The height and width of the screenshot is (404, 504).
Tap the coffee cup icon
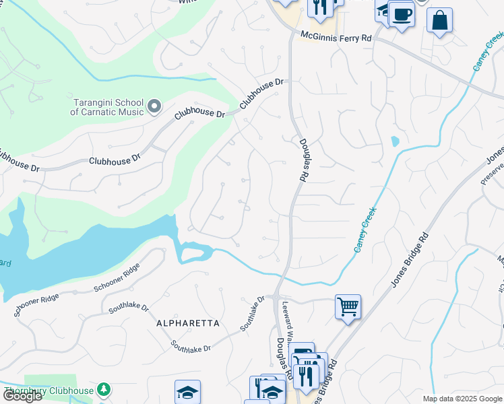click(x=402, y=15)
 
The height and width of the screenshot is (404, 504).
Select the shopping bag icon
click(x=440, y=21)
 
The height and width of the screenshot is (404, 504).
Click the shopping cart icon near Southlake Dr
click(x=348, y=308)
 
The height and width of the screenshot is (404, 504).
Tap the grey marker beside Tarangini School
click(x=154, y=106)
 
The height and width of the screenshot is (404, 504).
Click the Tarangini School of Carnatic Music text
click(x=108, y=107)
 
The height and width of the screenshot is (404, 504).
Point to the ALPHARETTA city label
click(x=188, y=323)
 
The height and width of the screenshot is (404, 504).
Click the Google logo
click(x=22, y=396)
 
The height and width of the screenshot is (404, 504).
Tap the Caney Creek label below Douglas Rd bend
click(x=365, y=230)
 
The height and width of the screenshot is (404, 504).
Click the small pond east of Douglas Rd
click(x=394, y=142)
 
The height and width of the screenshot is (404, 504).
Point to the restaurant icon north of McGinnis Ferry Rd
click(x=319, y=7)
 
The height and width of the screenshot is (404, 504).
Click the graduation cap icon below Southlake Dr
click(x=187, y=393)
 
